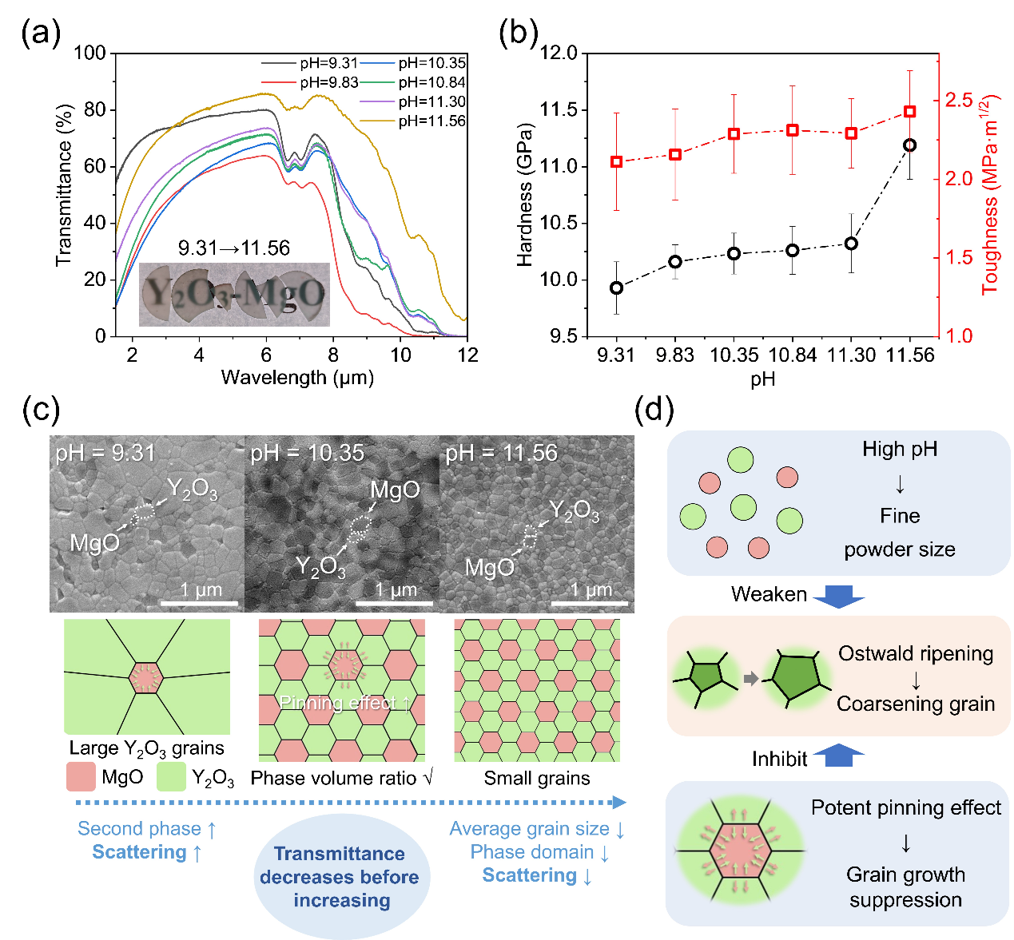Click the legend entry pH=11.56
(431, 121)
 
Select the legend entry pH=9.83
(328, 82)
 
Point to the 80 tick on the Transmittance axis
(95, 109)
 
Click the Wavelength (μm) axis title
(297, 378)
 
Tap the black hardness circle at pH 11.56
(909, 145)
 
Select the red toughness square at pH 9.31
(616, 162)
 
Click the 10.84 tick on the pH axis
(793, 355)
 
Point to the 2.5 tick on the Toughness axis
(959, 100)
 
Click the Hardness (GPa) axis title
(525, 195)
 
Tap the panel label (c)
(41, 410)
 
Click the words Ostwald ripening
(916, 654)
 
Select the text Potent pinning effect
(905, 808)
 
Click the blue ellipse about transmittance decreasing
(341, 877)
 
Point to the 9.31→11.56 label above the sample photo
(234, 248)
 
